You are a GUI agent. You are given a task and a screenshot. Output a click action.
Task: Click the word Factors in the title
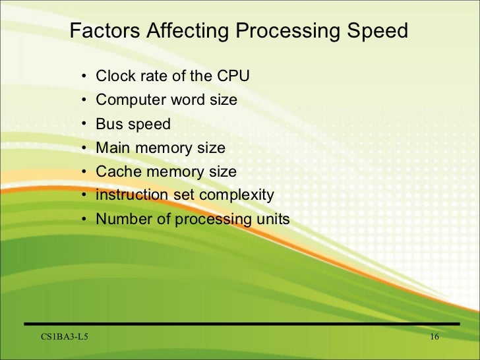[x=102, y=31]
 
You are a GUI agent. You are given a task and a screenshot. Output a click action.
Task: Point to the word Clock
[x=113, y=76]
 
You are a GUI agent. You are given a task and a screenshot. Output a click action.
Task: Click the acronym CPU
[x=232, y=76]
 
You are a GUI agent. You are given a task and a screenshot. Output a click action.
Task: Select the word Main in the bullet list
[x=112, y=148]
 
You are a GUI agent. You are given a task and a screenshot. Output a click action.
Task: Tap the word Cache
[x=116, y=171]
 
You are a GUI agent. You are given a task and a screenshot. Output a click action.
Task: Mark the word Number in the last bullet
[x=121, y=219]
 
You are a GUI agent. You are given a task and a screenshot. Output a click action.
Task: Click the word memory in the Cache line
[x=171, y=171]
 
